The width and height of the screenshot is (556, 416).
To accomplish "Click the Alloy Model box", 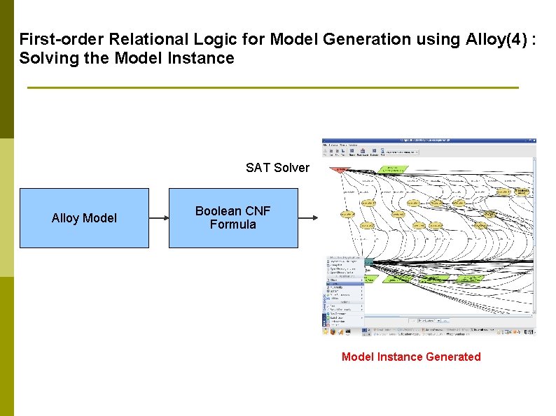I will (x=84, y=218).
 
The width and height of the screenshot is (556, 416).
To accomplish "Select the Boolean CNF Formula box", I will (x=232, y=218).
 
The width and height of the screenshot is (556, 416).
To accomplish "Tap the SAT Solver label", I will (x=277, y=168).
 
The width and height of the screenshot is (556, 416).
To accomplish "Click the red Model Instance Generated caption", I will (x=411, y=357).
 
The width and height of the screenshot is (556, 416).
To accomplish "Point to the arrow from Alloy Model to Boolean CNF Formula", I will (x=159, y=218).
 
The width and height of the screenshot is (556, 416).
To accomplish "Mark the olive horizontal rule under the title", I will (x=273, y=87).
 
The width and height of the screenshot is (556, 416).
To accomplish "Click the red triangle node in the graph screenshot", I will (x=341, y=169).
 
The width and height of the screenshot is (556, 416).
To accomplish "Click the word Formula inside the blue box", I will (x=232, y=225).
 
